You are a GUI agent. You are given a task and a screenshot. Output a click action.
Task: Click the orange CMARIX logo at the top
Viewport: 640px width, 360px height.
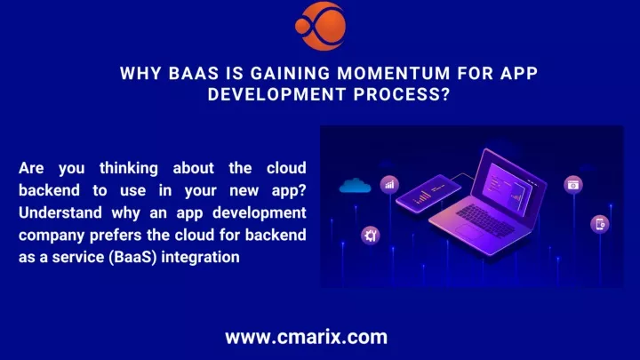point(321,26)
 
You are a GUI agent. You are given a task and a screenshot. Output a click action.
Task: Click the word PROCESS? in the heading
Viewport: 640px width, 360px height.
point(402,94)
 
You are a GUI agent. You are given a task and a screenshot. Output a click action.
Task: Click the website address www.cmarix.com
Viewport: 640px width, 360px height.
point(306,337)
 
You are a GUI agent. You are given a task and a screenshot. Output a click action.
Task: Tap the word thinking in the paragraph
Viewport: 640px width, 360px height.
point(129,169)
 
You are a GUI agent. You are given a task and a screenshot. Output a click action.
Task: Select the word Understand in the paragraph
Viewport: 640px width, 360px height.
point(60,212)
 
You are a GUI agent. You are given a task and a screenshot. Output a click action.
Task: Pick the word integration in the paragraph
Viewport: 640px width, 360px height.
point(200,258)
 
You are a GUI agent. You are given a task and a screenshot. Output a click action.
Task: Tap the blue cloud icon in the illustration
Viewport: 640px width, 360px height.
point(355,185)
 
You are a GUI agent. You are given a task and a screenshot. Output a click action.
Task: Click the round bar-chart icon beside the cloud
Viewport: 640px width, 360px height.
point(390,185)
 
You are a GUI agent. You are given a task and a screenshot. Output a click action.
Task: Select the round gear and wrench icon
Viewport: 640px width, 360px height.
point(371,236)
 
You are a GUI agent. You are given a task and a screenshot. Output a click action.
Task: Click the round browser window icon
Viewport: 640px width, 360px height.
point(573,185)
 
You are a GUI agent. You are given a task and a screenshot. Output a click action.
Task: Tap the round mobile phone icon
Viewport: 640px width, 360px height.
point(600,224)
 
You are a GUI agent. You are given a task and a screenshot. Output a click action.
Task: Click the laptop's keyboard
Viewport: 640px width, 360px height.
point(485,220)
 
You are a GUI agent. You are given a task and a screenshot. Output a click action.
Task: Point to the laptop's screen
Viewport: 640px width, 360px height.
point(509,185)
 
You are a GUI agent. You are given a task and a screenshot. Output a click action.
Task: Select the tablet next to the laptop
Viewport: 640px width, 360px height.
point(428,193)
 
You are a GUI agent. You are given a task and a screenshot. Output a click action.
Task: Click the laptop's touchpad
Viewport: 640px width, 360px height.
point(469,232)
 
